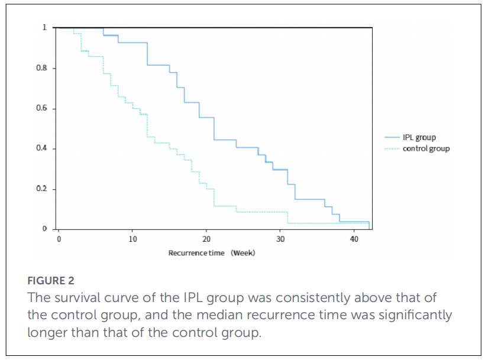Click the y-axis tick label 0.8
point(41,67)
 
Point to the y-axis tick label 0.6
point(41,108)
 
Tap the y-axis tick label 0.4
point(41,148)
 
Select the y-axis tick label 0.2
point(41,189)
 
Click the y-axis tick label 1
point(44,28)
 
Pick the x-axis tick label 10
point(132,239)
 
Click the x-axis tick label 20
point(206,239)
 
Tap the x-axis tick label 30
point(280,239)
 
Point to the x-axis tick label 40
point(354,239)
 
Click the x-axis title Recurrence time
point(196,253)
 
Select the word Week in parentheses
point(243,253)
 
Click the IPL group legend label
point(419,138)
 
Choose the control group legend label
point(426,148)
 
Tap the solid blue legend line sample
point(392,137)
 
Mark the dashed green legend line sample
point(392,148)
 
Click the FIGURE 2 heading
point(51,281)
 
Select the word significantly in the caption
point(415,316)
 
